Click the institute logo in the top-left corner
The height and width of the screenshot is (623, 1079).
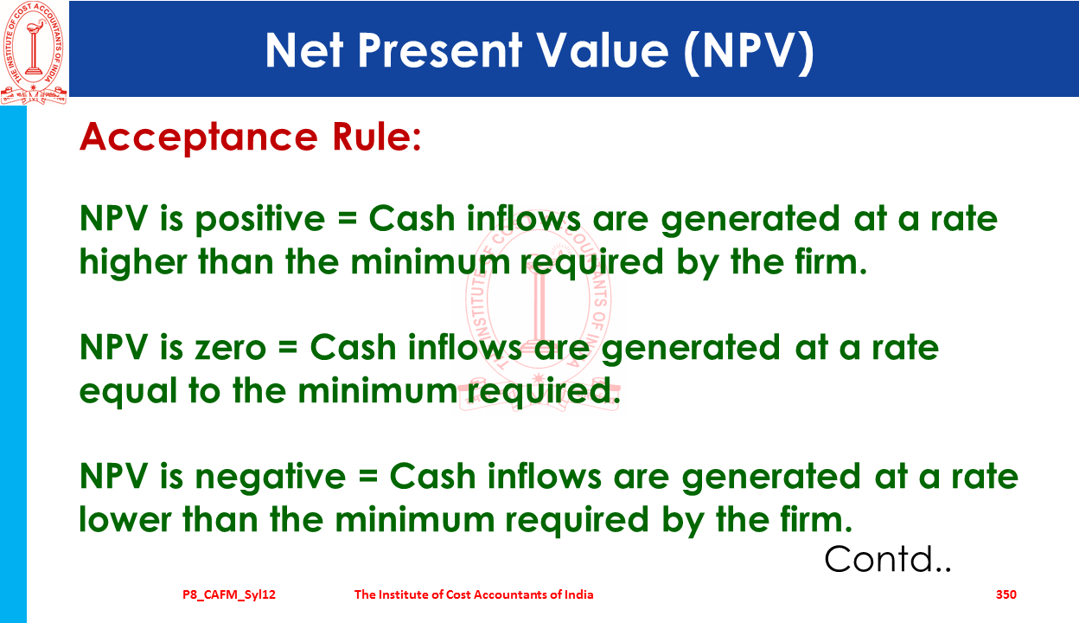coord(34,53)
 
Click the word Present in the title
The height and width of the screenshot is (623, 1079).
coord(439,51)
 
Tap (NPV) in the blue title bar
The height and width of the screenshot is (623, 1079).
coord(749,52)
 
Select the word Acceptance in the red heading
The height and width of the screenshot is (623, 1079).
coord(199,138)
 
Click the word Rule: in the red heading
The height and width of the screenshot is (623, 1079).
coord(377,137)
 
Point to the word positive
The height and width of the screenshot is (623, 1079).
coord(260,220)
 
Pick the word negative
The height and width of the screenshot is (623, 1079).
coord(271,478)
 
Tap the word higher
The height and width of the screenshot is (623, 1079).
coord(133,262)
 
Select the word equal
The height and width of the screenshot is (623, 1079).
coord(128,392)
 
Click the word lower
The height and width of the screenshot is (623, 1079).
coord(125,520)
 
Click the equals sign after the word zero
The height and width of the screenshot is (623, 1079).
coord(288,348)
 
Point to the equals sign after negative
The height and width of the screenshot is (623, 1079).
coord(367,477)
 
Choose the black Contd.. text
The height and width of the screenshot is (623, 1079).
coord(888,559)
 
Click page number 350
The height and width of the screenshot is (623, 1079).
coord(1006,594)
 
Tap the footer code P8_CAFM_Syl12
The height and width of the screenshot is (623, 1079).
coord(229,595)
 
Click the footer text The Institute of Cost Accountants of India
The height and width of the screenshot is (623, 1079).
coord(474,594)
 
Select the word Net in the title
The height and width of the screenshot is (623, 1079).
coord(304,51)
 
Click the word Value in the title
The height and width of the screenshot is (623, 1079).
coord(603,51)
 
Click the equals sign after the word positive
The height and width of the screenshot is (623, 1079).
coord(348,219)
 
